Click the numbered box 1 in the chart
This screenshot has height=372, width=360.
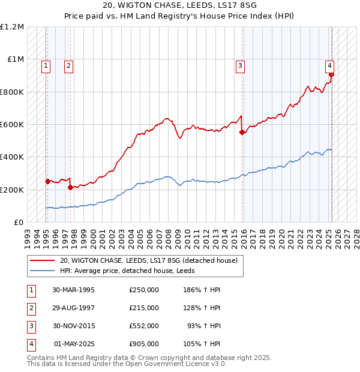pos(46,67)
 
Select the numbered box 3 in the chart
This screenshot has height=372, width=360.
pos(240,67)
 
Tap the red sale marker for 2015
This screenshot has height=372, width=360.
pos(242,133)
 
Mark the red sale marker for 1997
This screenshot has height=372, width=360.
pos(71,187)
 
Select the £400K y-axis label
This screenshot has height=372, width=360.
pos(13,157)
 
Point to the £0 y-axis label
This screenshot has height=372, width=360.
pos(18,222)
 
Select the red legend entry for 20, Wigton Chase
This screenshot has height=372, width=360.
pos(149,260)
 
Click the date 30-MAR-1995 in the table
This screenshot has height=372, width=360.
pos(74,290)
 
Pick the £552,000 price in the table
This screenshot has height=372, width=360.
pos(144,326)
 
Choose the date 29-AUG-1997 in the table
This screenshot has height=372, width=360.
pos(74,308)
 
